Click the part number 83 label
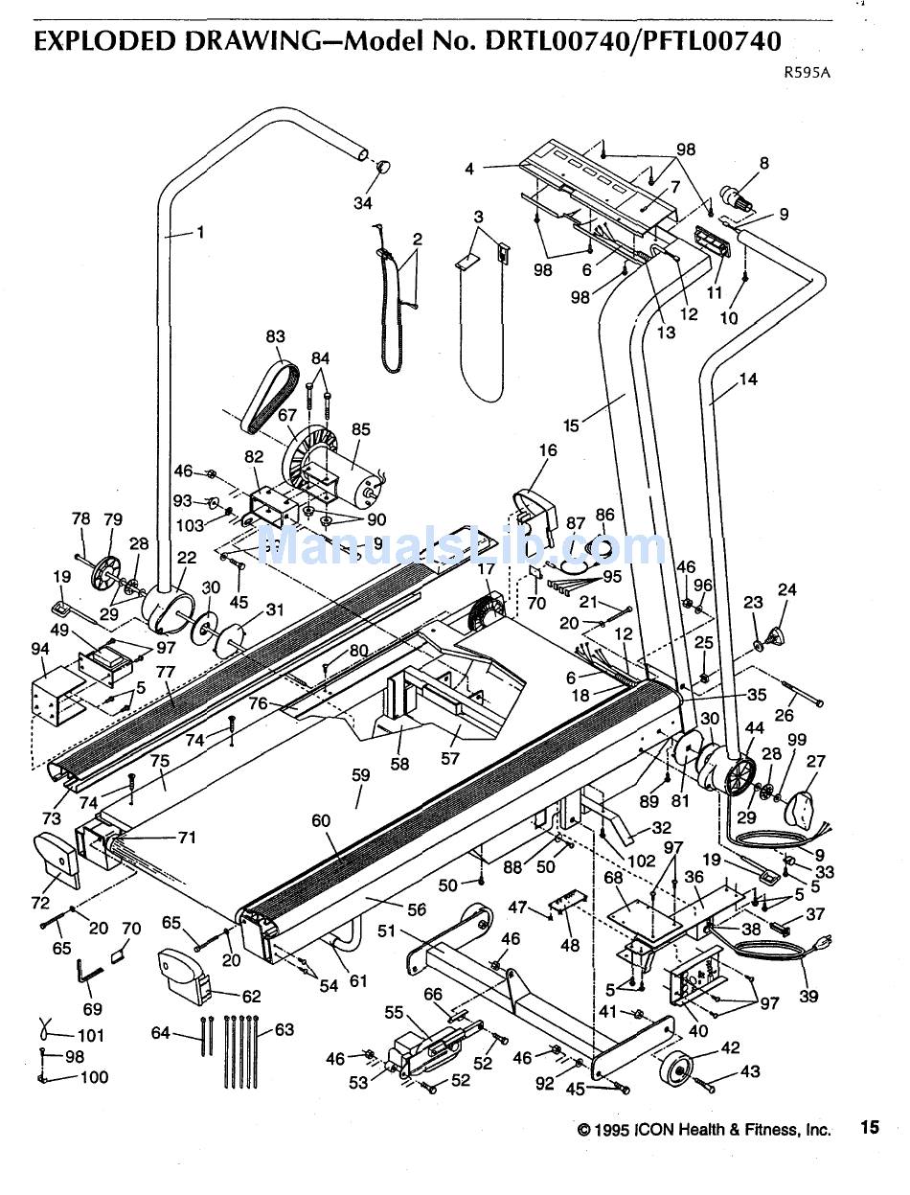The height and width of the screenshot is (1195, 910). click(x=275, y=336)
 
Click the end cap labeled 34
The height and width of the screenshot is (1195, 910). click(x=384, y=166)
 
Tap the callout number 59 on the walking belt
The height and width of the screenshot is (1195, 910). click(x=360, y=774)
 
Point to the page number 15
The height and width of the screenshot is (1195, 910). click(x=870, y=1127)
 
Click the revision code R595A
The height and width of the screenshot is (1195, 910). click(x=807, y=73)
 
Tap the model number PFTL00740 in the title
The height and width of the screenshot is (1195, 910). click(x=712, y=41)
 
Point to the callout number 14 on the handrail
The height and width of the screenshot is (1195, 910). click(x=748, y=379)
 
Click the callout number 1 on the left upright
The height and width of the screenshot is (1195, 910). click(x=200, y=233)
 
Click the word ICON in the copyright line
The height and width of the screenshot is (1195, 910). click(x=655, y=1129)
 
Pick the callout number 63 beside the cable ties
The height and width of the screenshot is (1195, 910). click(x=284, y=1029)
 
